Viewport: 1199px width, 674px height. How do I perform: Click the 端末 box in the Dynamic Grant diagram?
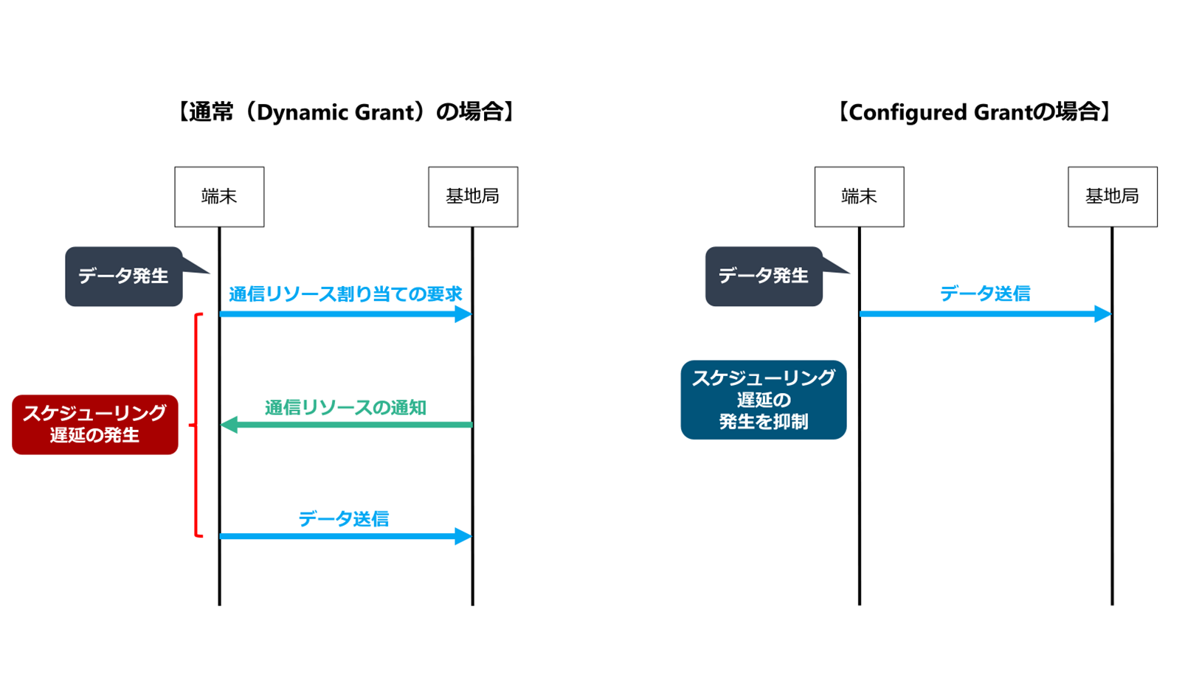(219, 197)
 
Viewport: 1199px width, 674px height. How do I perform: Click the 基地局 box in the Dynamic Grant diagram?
(473, 197)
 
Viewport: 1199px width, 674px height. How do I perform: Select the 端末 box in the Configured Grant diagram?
(859, 197)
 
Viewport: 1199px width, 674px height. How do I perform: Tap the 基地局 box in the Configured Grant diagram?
(1112, 197)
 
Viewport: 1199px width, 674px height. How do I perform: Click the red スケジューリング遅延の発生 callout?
(94, 424)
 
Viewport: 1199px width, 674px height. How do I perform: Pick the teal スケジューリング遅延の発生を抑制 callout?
(763, 400)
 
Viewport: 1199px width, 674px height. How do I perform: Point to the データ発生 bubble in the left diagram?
(123, 277)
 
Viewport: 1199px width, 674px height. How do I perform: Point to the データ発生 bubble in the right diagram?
(764, 277)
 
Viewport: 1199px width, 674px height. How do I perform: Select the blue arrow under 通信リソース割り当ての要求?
(339, 314)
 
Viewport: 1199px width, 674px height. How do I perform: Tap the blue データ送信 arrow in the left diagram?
(339, 536)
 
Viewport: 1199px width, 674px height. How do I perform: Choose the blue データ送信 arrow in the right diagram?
(981, 314)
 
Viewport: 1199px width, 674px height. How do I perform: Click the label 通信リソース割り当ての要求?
(345, 294)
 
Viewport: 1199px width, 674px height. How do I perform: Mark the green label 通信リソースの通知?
(345, 408)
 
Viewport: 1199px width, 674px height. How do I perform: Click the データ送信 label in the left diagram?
(344, 519)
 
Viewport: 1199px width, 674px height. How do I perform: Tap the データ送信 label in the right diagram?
(985, 294)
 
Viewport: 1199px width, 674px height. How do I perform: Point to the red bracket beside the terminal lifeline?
(197, 425)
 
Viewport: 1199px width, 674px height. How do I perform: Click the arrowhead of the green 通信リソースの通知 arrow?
(229, 425)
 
